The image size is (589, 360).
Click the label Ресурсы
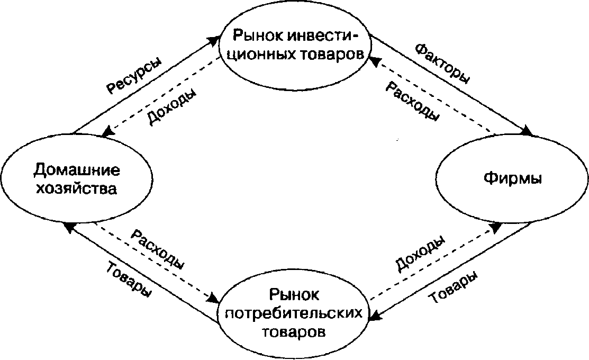coord(134,75)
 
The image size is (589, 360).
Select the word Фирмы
coord(512,178)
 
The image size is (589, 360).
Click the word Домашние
coord(77,170)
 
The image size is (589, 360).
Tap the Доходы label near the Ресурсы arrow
coord(171,107)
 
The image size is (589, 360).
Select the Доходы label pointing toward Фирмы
coord(420,253)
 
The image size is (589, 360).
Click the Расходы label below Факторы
coord(412,102)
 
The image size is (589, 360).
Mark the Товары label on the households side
coord(129,278)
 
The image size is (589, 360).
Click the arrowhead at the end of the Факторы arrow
coord(528,131)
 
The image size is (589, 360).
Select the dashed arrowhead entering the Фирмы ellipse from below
coord(496,227)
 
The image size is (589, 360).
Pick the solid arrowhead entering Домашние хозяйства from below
coord(69,227)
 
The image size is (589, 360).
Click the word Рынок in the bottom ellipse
coord(294,294)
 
